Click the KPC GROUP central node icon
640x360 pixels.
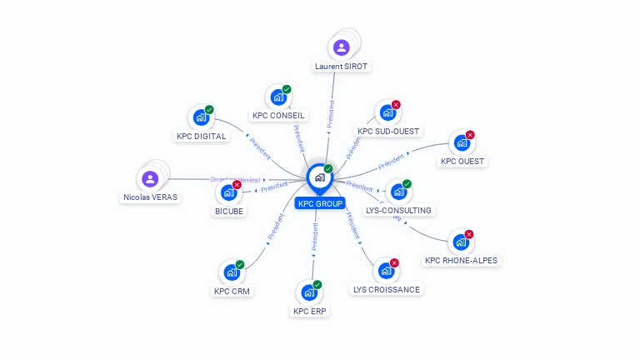pos(319,177)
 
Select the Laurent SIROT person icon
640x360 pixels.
pos(341,47)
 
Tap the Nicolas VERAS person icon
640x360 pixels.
pos(150,178)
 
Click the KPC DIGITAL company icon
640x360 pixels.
pos(201,117)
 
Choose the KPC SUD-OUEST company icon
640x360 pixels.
pos(387,112)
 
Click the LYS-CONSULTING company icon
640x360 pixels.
pos(398,192)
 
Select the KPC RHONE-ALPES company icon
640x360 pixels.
pos(460,242)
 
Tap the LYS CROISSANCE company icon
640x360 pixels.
pos(385,271)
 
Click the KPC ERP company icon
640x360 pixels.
pos(309,292)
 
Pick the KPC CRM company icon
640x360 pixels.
pos(231,272)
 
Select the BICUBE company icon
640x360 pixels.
pos(228,192)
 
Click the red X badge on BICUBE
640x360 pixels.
pos(237,184)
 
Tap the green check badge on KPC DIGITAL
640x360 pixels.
pos(209,109)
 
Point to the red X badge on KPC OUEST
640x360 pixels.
pos(470,135)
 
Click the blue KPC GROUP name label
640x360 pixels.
pos(319,203)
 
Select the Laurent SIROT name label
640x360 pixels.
pos(341,66)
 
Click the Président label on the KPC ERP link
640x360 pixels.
pos(314,236)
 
